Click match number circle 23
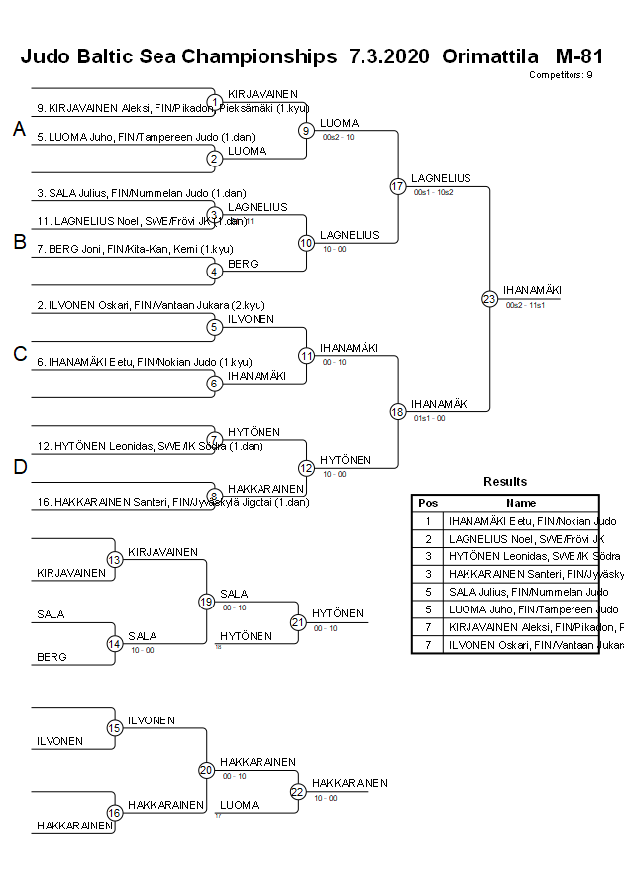click(x=489, y=298)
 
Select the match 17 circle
click(x=398, y=186)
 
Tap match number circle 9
click(x=307, y=131)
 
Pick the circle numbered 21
click(x=298, y=622)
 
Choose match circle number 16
click(x=115, y=813)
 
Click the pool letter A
click(x=19, y=129)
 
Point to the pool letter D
click(x=19, y=467)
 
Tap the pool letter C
click(x=19, y=354)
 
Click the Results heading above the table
click(x=505, y=482)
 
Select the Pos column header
click(x=428, y=502)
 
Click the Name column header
click(x=521, y=502)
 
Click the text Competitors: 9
click(x=561, y=74)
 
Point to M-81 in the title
click(x=579, y=56)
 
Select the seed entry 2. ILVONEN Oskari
click(x=151, y=305)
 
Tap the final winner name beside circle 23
click(x=532, y=290)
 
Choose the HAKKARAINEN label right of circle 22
click(x=350, y=783)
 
